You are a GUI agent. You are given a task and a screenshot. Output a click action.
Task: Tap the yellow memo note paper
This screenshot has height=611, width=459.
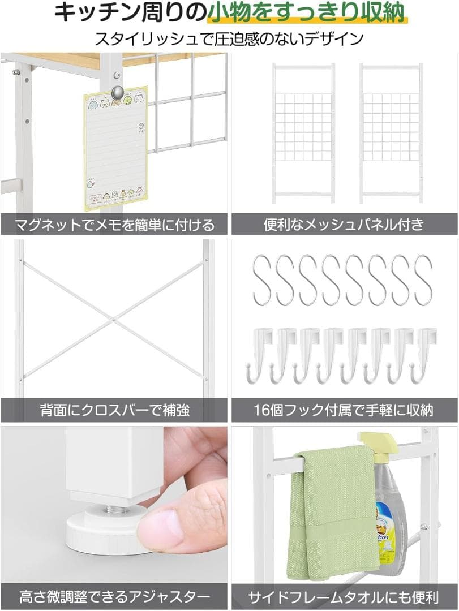[115, 148]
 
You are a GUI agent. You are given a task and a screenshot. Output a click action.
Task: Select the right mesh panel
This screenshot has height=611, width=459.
[391, 133]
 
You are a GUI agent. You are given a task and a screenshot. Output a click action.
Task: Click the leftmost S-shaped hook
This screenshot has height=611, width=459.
[262, 281]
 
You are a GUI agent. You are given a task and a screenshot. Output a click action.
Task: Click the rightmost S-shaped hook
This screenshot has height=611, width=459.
[423, 281]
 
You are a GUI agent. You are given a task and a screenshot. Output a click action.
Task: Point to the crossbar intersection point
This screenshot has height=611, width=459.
[113, 320]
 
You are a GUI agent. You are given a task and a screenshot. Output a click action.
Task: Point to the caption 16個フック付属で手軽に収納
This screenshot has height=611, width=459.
[344, 410]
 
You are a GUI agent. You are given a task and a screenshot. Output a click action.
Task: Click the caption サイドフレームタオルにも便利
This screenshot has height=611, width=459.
[344, 596]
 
